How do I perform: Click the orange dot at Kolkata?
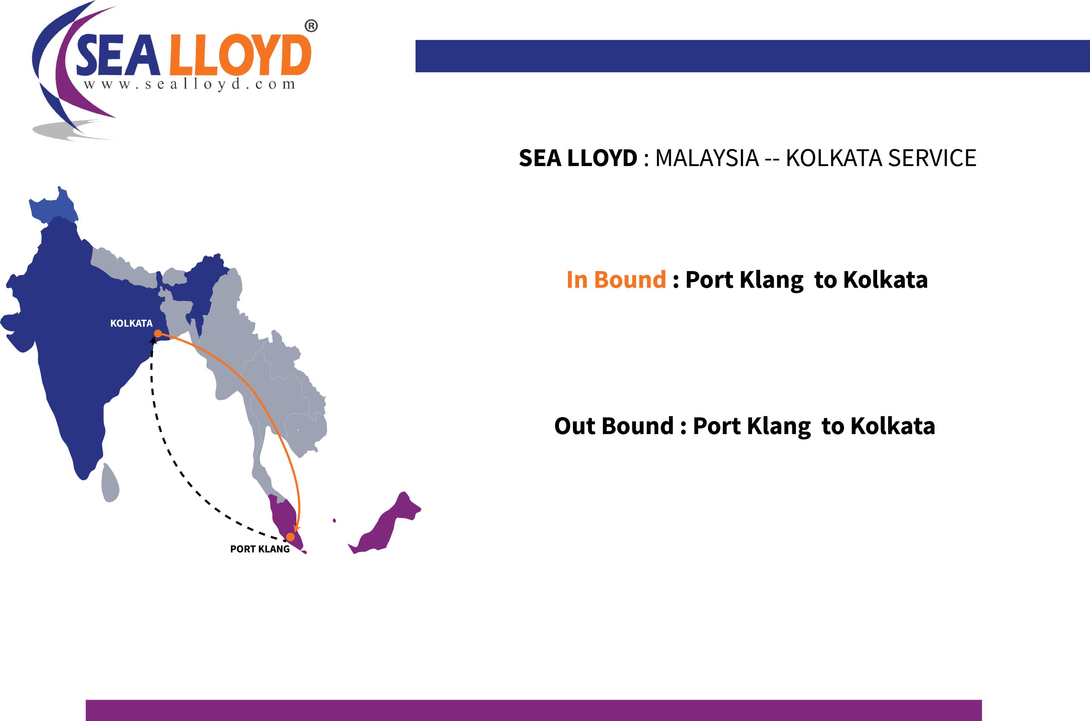[x=158, y=333]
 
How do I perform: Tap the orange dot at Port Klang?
[x=291, y=537]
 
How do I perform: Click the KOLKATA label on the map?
[x=131, y=323]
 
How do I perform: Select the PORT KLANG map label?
[x=260, y=549]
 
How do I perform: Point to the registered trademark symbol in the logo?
[x=311, y=26]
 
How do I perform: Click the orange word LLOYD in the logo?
[x=240, y=56]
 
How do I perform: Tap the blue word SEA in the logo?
[x=118, y=56]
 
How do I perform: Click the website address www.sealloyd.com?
[x=189, y=85]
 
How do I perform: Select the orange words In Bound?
[x=616, y=280]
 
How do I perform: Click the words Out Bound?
[x=614, y=426]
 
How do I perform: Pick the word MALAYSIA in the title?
[x=707, y=158]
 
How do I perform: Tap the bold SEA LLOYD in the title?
[x=578, y=158]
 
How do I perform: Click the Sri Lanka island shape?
[x=110, y=483]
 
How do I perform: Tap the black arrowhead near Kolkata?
[x=154, y=340]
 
